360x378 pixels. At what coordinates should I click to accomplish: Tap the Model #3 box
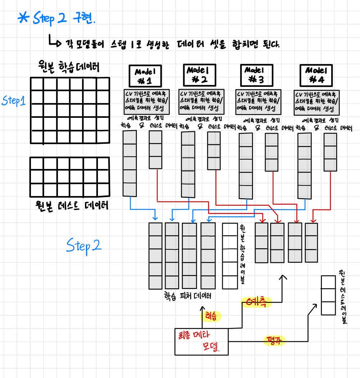(x=256, y=75)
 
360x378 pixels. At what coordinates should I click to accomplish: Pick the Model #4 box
(x=316, y=75)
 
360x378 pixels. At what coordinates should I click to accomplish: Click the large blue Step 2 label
(x=84, y=246)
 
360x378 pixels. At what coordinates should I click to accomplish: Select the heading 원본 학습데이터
(x=68, y=67)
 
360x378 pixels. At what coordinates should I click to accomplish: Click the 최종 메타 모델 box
(x=201, y=341)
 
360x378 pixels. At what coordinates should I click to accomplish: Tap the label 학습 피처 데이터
(x=188, y=296)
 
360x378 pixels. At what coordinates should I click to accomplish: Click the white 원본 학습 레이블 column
(x=230, y=256)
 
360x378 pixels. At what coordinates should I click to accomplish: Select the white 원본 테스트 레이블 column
(x=328, y=295)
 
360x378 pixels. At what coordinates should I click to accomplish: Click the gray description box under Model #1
(x=144, y=101)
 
